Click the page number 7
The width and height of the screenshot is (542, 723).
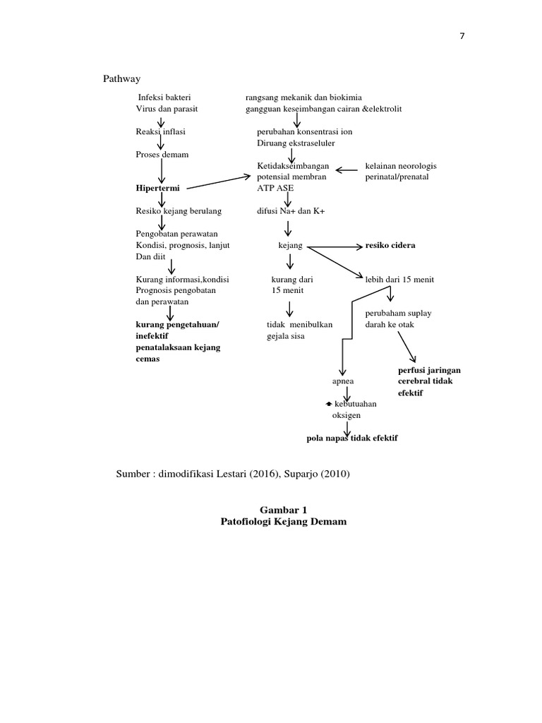coord(462,37)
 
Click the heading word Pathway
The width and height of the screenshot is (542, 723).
coord(124,78)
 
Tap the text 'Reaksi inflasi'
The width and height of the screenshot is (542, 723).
coord(161,131)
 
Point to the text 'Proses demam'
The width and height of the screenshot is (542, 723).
coord(162,155)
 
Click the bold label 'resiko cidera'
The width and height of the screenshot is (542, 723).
coord(390,245)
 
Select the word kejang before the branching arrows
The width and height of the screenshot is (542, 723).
coord(291,246)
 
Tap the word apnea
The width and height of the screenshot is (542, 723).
coord(343,381)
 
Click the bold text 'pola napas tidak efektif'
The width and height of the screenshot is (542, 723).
coord(352,438)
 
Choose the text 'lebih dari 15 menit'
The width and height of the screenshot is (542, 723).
coord(399,280)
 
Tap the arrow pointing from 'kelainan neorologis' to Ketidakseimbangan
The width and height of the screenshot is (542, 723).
coord(346,169)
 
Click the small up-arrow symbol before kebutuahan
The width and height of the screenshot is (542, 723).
coord(328,403)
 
